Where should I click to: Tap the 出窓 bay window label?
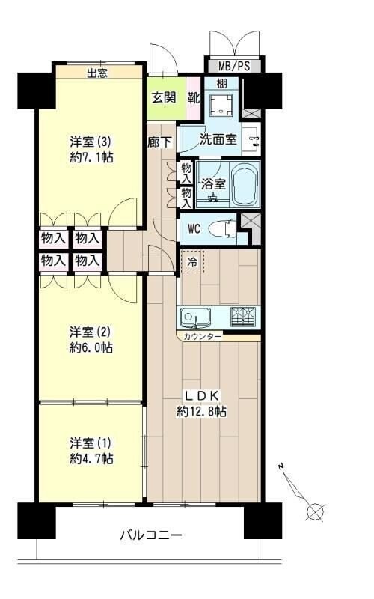tap(97, 73)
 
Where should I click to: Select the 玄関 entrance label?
tap(164, 97)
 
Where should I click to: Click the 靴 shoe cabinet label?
tap(193, 97)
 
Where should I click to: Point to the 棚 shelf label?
tap(221, 84)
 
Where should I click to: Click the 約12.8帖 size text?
tap(202, 411)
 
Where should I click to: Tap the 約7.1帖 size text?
tap(91, 157)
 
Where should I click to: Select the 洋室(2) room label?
tap(91, 330)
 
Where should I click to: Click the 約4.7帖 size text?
tap(91, 459)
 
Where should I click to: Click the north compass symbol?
tap(315, 512)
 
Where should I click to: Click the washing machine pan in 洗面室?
tap(221, 104)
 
